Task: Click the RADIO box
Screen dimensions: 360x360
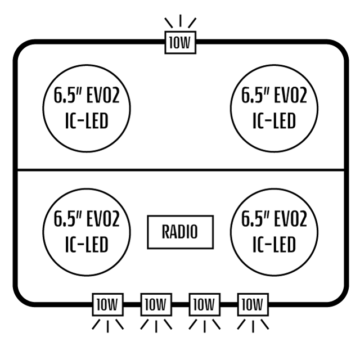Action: (180, 232)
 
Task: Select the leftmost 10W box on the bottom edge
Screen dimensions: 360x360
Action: (107, 305)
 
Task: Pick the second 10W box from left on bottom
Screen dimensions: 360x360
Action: (155, 305)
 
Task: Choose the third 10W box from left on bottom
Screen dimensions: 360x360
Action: (204, 305)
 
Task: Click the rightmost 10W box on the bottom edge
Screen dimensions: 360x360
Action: (253, 305)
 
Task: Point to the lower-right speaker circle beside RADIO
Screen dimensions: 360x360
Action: (274, 232)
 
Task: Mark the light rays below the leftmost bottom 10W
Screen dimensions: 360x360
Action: (107, 325)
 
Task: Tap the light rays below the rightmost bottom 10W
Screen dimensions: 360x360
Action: (253, 325)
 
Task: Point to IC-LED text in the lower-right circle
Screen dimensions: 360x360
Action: (274, 245)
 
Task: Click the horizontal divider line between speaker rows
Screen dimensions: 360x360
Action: (180, 169)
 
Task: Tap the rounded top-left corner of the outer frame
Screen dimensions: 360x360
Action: (20, 48)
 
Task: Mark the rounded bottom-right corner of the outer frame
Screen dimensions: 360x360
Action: (340, 298)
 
